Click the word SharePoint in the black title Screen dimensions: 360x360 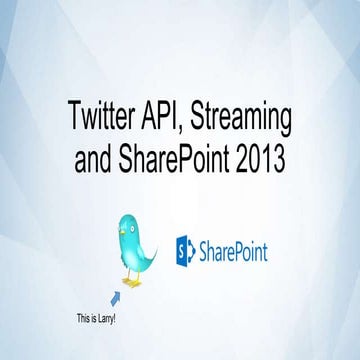[x=191, y=157]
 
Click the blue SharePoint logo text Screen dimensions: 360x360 [x=234, y=249]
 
